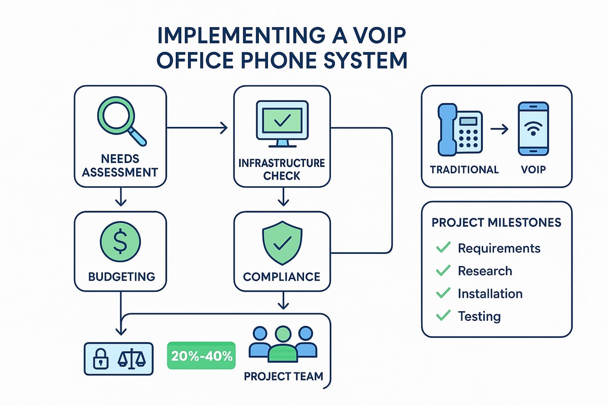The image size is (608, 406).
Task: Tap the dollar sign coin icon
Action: coord(120,241)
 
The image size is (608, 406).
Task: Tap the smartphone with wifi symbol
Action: coord(533,129)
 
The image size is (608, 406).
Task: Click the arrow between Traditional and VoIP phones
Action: coord(499,130)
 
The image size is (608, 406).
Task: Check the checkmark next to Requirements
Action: coord(443,248)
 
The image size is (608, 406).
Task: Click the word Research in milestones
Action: coord(484,271)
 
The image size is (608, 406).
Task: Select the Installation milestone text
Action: coord(489,294)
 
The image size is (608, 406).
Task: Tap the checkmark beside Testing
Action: coord(443,316)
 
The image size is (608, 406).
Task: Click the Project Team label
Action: coord(283,377)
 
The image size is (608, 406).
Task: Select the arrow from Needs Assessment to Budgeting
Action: coord(120,197)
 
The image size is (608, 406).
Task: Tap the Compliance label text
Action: coord(281,277)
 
